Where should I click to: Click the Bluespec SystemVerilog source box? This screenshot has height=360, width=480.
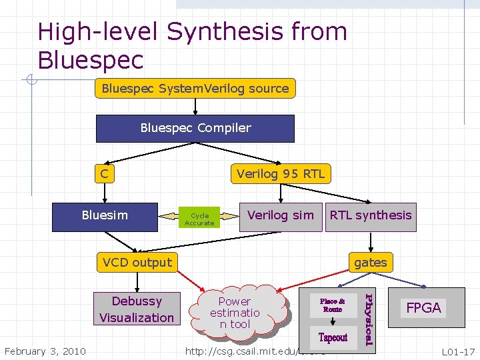(x=195, y=88)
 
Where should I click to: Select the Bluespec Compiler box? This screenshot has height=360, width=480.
(x=195, y=128)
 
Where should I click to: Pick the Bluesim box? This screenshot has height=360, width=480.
(x=105, y=216)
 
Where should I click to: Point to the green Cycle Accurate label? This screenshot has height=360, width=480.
(x=199, y=219)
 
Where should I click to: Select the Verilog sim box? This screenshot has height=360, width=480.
(x=280, y=215)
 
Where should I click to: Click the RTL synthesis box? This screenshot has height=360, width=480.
(x=370, y=216)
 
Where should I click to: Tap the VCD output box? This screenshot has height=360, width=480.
(x=137, y=263)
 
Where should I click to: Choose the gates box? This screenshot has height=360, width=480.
(x=370, y=263)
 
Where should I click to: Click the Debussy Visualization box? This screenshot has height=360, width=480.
(x=137, y=309)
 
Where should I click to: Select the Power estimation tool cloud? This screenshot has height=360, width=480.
(x=235, y=312)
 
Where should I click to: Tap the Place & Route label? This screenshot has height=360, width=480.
(x=332, y=305)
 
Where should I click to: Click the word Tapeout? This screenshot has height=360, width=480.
(x=333, y=337)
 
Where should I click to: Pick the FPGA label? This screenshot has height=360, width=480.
(x=423, y=308)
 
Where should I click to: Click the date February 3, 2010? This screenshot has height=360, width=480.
(x=45, y=351)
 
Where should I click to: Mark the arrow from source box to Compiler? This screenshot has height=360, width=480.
(x=195, y=106)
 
